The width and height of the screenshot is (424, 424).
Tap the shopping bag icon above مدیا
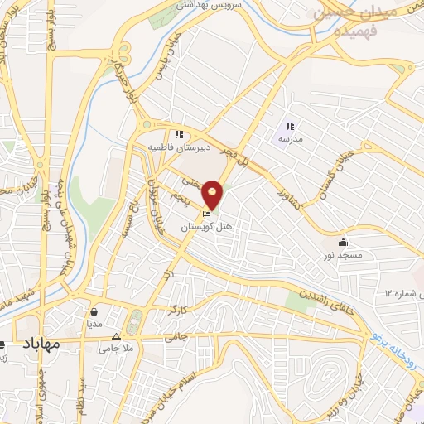[x=95, y=312]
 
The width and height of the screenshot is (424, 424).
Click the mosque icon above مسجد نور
[x=343, y=243]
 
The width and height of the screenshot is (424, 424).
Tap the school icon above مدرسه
[x=290, y=126]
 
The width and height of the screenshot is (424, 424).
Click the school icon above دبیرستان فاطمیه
[x=177, y=134]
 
